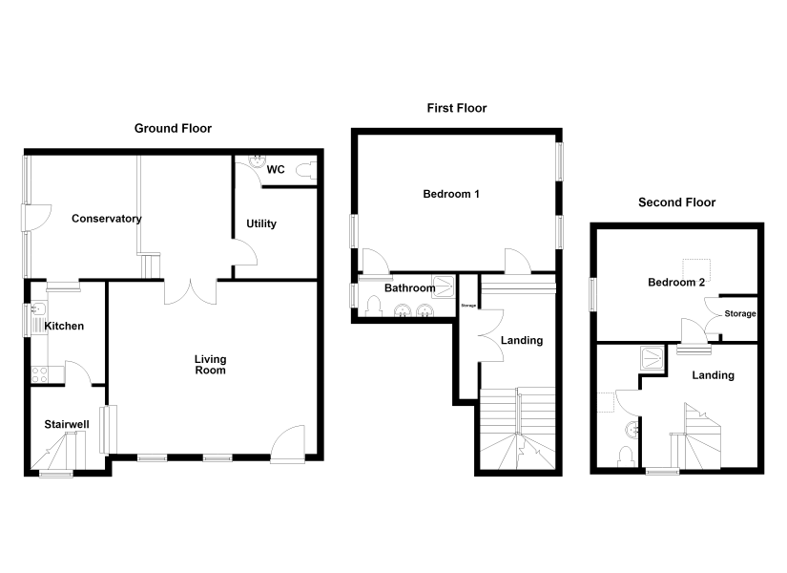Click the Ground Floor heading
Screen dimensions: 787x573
click(x=173, y=129)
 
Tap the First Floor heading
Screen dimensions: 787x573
click(x=457, y=108)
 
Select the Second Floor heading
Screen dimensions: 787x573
click(x=676, y=202)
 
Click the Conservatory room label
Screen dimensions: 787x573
click(x=107, y=219)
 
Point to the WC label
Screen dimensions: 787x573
click(x=276, y=169)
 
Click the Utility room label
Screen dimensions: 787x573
click(x=261, y=223)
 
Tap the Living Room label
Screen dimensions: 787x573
click(x=210, y=365)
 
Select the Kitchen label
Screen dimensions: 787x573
click(x=64, y=327)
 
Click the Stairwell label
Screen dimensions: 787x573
click(x=67, y=424)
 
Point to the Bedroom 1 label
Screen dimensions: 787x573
click(x=451, y=194)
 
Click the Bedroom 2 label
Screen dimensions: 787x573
click(x=676, y=283)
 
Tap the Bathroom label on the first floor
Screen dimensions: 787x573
click(x=409, y=288)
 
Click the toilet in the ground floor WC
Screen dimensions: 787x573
click(x=306, y=170)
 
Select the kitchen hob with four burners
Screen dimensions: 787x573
click(x=40, y=374)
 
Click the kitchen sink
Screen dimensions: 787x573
click(x=39, y=318)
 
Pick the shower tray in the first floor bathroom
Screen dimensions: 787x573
click(x=444, y=286)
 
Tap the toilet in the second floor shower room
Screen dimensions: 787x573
click(x=626, y=456)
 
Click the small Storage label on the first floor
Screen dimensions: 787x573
click(x=468, y=306)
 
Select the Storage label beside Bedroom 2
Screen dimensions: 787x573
click(x=740, y=313)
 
